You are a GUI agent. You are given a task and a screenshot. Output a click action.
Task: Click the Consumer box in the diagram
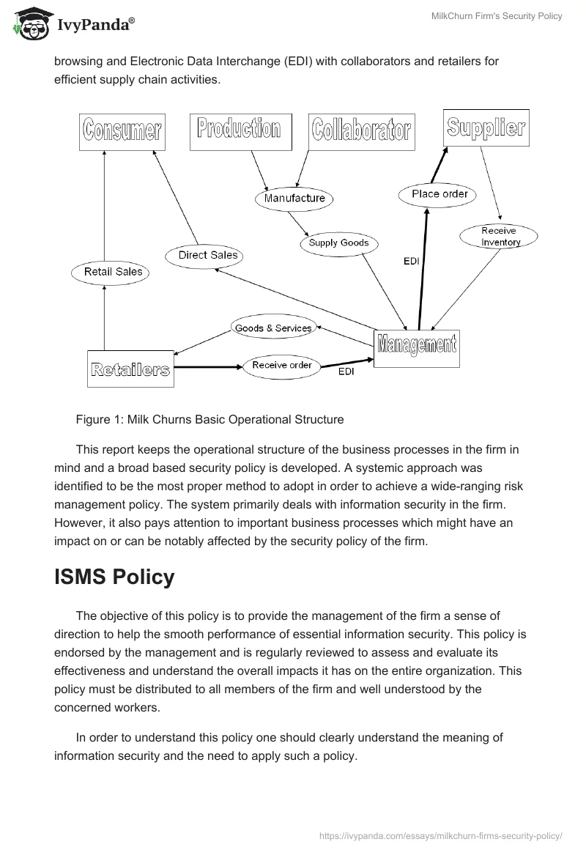point(122,132)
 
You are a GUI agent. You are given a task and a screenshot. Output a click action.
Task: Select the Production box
point(240,131)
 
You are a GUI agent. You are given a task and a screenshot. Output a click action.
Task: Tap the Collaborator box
point(360,132)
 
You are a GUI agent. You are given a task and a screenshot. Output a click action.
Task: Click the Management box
point(416,347)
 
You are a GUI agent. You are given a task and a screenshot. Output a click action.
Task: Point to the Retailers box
point(130,368)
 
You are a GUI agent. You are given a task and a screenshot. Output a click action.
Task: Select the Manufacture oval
point(294,198)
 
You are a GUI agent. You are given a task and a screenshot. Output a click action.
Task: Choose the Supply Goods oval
point(338,243)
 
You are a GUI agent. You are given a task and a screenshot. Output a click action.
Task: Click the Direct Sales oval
point(208,255)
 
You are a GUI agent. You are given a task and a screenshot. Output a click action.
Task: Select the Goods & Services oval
point(273,328)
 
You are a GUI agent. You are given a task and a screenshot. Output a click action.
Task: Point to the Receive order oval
point(281,365)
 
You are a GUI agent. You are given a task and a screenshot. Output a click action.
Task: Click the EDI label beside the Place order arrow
point(411,261)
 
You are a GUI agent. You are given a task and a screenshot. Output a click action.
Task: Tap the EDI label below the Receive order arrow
point(345,372)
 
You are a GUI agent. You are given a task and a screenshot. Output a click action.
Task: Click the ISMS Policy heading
point(114,577)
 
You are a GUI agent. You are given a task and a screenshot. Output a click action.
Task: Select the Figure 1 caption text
point(209,420)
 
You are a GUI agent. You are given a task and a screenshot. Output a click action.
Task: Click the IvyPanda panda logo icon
point(29,24)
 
